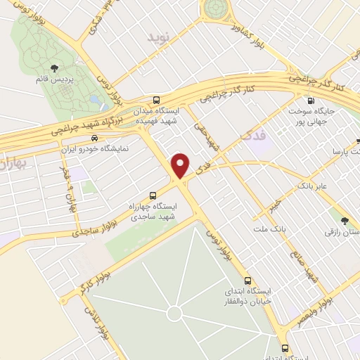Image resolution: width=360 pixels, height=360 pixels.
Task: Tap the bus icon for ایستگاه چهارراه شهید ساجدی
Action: pos(153,196)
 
